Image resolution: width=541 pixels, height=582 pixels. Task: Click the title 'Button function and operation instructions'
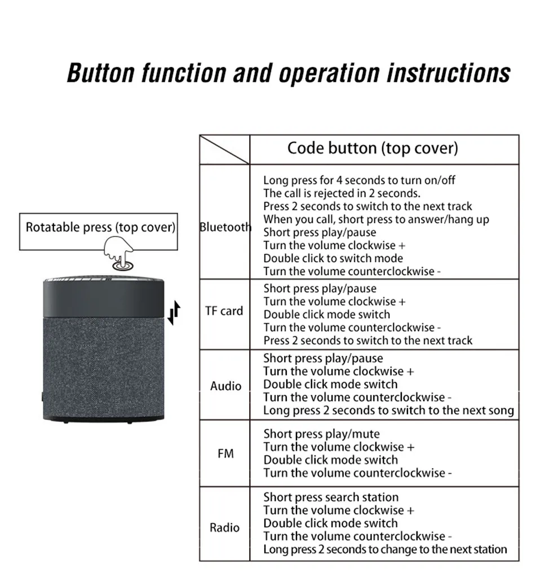[288, 74]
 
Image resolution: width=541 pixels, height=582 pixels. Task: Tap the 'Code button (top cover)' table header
[373, 148]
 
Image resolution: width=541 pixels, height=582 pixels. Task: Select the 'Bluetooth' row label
[225, 227]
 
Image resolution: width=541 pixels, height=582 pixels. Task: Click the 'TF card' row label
[224, 311]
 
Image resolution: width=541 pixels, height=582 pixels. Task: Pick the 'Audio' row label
[225, 386]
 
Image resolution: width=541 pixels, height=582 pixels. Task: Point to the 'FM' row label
[225, 453]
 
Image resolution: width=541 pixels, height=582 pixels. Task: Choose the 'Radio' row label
[224, 528]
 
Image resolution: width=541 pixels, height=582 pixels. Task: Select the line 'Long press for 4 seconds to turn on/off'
[359, 180]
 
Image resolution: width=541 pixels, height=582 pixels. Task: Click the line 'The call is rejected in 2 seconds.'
[342, 193]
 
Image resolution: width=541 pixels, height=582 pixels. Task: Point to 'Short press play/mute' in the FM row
[321, 434]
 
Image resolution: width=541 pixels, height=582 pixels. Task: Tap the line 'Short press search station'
[331, 497]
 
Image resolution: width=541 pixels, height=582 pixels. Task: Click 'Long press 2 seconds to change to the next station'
[385, 549]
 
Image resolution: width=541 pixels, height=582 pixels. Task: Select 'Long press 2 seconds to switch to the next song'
[388, 411]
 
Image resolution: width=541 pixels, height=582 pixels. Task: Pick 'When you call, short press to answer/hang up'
[376, 219]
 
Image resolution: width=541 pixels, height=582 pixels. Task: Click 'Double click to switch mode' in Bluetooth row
[333, 258]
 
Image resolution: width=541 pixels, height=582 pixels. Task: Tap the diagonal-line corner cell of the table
[224, 149]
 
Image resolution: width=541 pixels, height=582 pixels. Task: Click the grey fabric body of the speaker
[103, 361]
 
